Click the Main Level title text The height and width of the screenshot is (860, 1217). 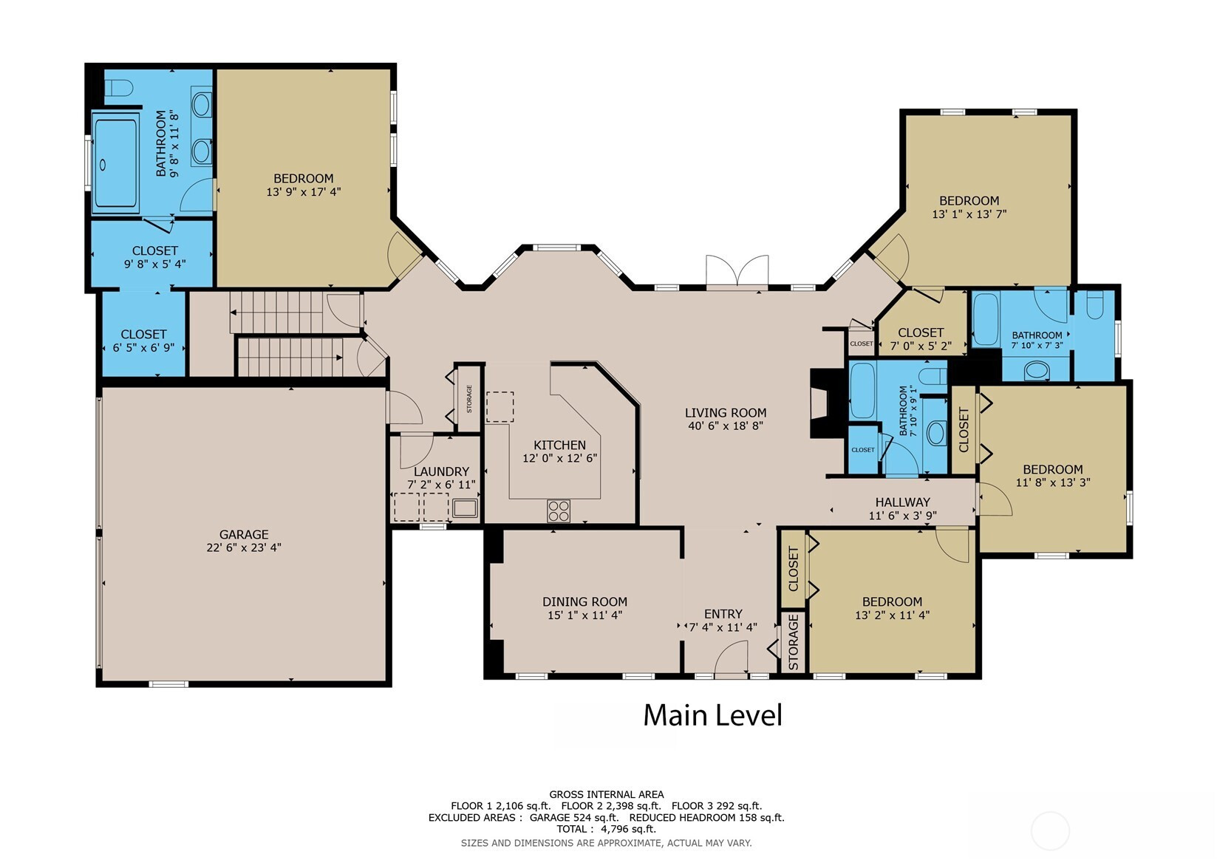click(713, 715)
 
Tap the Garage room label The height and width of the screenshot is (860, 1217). click(244, 535)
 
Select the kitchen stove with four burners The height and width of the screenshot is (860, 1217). click(559, 511)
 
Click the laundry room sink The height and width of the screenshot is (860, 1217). click(465, 508)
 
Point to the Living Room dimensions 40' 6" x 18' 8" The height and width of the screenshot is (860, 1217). click(726, 426)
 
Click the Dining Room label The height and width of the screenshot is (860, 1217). click(584, 601)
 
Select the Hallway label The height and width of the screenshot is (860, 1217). click(902, 502)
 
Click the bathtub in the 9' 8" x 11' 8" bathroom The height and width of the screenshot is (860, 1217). click(115, 163)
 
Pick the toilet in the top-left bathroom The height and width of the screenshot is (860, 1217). click(118, 88)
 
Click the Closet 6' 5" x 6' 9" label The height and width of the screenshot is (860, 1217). click(143, 341)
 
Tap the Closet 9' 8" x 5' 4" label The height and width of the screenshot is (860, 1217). click(155, 257)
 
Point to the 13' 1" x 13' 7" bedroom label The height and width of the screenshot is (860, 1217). click(969, 207)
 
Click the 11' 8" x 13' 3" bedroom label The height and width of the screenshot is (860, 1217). click(1053, 475)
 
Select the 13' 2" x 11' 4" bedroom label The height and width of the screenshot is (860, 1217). click(892, 608)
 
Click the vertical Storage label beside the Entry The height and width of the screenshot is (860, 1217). click(793, 641)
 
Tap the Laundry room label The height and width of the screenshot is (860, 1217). click(441, 471)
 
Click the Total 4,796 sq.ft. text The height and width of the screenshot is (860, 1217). click(607, 829)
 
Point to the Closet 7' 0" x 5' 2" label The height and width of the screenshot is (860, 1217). click(921, 338)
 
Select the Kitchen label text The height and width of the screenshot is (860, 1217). click(559, 445)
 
